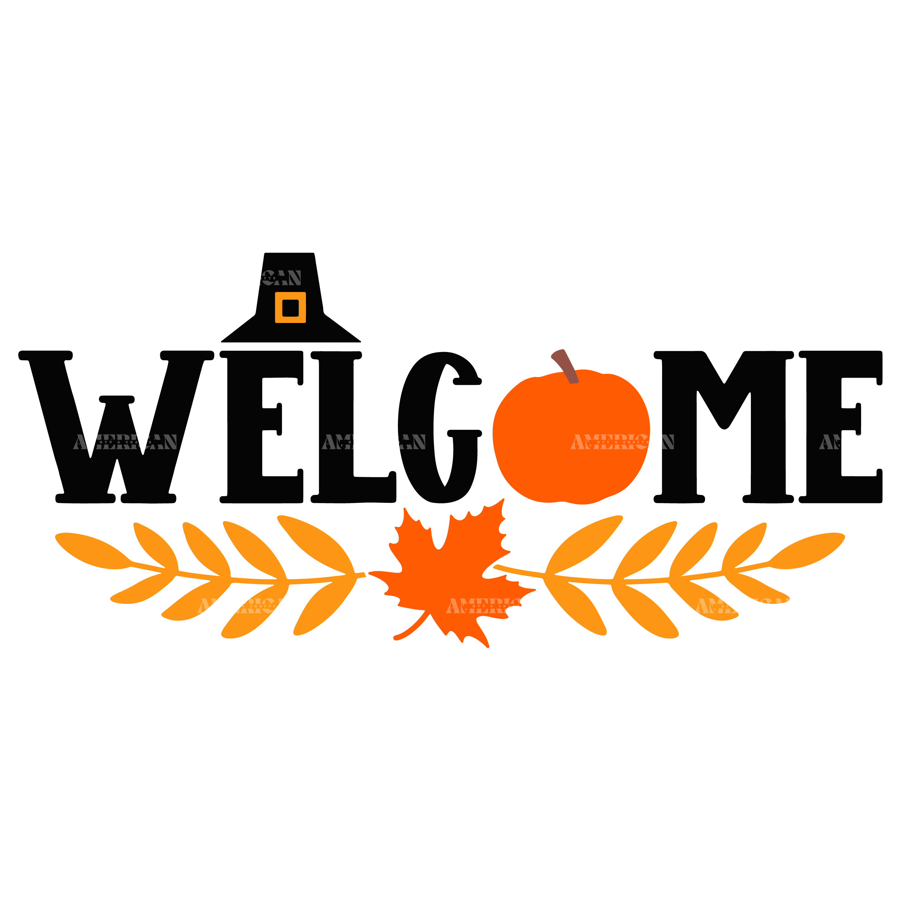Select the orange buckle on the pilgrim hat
[278, 308]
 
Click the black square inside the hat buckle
[290, 308]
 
